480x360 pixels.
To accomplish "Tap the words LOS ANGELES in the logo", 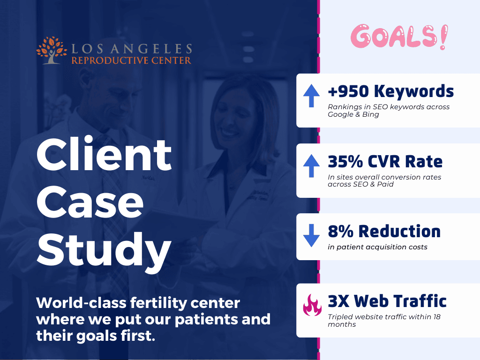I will [x=132, y=49].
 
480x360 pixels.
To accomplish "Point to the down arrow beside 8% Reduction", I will [x=311, y=236].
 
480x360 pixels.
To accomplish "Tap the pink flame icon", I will [x=312, y=305].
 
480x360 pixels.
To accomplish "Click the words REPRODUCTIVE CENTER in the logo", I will [x=131, y=60].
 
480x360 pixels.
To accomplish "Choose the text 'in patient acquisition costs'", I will [x=377, y=247].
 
